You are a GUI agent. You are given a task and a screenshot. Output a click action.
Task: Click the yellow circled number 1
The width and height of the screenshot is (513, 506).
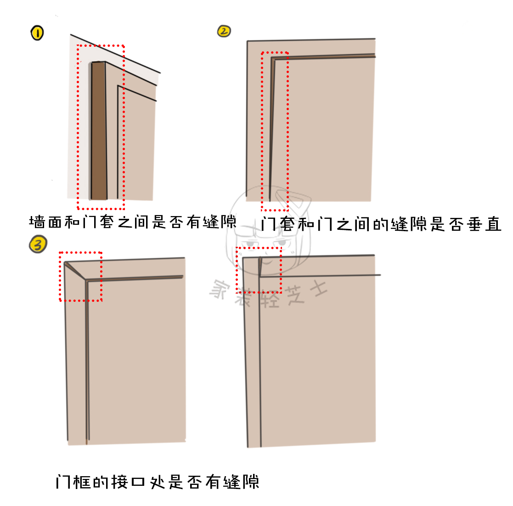click(37, 33)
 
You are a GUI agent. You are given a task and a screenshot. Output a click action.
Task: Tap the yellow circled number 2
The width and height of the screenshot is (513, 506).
click(224, 31)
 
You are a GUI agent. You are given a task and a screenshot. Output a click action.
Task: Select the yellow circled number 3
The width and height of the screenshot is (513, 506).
click(38, 244)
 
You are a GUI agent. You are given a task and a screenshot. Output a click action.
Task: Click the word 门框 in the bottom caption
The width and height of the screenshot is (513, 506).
click(73, 482)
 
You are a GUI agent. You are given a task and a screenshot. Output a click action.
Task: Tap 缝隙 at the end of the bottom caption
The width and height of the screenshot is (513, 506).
click(242, 482)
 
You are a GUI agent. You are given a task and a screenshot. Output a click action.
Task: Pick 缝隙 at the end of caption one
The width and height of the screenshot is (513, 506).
click(220, 222)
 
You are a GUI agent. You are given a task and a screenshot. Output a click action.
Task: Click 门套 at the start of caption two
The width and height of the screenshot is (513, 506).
click(278, 224)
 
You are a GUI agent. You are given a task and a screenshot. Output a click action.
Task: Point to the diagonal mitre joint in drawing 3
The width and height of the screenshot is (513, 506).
click(75, 271)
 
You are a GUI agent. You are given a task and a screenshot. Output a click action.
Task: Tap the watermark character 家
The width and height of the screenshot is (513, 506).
click(220, 289)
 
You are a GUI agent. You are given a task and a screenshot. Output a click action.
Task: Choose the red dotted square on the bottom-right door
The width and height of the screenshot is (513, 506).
click(258, 270)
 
